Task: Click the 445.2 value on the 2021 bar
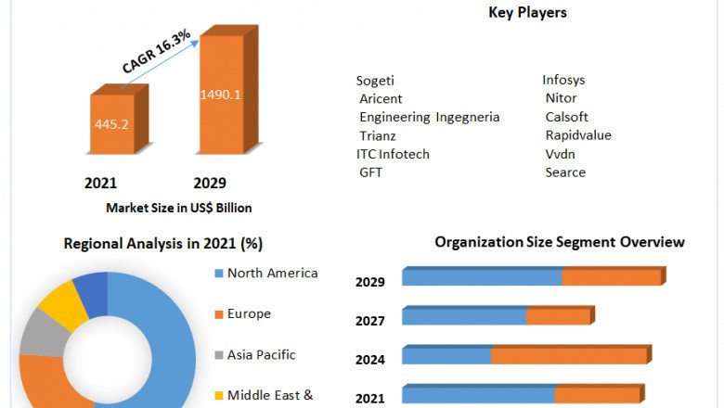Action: (x=110, y=123)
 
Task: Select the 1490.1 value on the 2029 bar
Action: (x=221, y=94)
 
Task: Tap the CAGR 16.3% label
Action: (x=156, y=52)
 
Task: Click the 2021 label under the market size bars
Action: (x=100, y=183)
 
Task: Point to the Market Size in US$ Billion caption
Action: (x=179, y=208)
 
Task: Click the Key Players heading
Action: (x=527, y=13)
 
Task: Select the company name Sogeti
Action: (x=377, y=81)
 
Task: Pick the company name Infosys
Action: (x=563, y=81)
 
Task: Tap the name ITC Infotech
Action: (x=393, y=154)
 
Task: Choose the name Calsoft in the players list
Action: (x=567, y=117)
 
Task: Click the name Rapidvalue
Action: (x=578, y=135)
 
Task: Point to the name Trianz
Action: (x=379, y=135)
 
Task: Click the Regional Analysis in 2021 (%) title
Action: (x=163, y=244)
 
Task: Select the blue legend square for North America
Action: (x=218, y=274)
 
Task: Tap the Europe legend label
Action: (x=249, y=313)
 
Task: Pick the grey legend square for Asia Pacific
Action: (x=218, y=355)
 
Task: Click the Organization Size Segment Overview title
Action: (x=560, y=242)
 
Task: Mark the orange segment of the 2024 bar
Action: (x=568, y=356)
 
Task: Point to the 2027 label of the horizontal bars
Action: (x=369, y=321)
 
